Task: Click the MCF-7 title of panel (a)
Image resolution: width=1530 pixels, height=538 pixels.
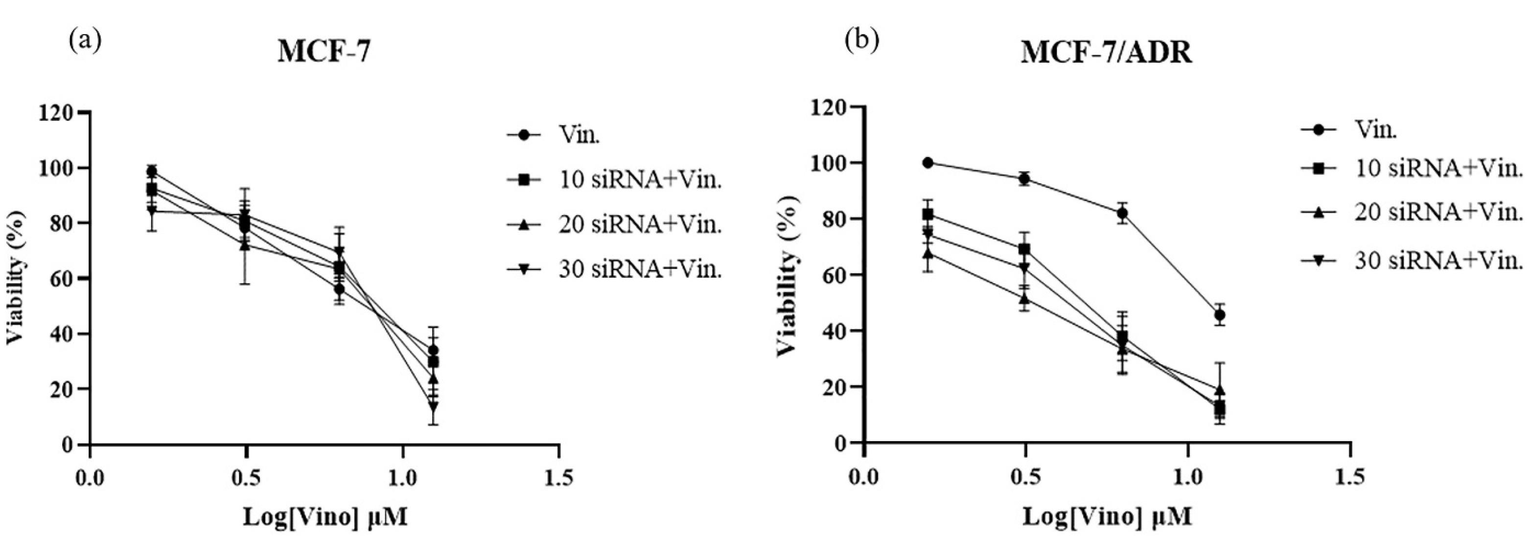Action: [x=325, y=53]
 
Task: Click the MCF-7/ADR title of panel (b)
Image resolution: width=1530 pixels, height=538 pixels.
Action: [x=1106, y=53]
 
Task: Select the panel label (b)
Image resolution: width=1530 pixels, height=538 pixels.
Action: [x=862, y=41]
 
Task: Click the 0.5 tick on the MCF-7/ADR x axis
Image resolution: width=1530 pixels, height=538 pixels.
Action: [x=1024, y=477]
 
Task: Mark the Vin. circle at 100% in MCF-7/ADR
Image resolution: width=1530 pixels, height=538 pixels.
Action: [x=928, y=163]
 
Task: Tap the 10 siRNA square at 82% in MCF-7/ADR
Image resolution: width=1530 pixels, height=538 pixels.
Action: [x=928, y=214]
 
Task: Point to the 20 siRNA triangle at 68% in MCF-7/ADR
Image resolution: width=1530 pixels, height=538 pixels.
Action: [x=928, y=253]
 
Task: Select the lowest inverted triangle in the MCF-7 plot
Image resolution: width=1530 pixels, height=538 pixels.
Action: [x=433, y=407]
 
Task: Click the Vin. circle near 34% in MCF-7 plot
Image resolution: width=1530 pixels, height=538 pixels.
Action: [x=433, y=350]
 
